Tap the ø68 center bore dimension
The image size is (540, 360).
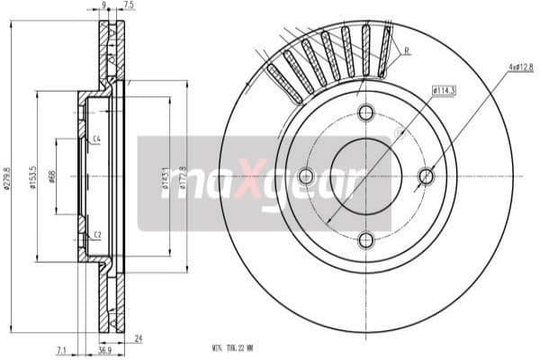click(53, 177)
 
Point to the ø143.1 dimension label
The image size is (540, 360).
click(165, 176)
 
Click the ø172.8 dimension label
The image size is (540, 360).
click(184, 176)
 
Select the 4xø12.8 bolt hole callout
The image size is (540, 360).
click(520, 67)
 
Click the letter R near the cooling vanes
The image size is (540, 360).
click(407, 51)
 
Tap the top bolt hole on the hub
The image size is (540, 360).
click(365, 113)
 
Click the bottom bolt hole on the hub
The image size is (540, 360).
click(365, 239)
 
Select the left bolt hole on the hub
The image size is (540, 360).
click(305, 176)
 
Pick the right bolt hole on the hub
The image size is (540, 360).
click(427, 176)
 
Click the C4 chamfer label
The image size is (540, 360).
click(95, 139)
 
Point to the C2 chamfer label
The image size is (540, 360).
click(95, 235)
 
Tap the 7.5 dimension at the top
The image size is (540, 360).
click(129, 5)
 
